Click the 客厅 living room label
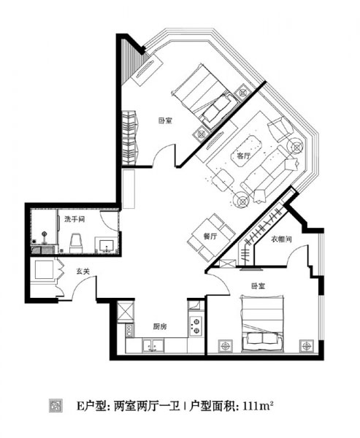pyautogui.click(x=244, y=156)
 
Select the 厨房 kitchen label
pyautogui.click(x=160, y=326)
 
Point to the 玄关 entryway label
pyautogui.click(x=83, y=271)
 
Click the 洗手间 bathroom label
pyautogui.click(x=74, y=219)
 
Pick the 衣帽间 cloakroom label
pyautogui.click(x=281, y=239)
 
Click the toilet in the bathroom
pyautogui.click(x=76, y=243)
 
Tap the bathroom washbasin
pyautogui.click(x=106, y=245)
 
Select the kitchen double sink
pyautogui.click(x=153, y=346)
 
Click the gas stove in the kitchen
pyautogui.click(x=196, y=326)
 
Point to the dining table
pyautogui.click(x=212, y=237)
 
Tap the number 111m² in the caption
pyautogui.click(x=258, y=406)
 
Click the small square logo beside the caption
pyautogui.click(x=56, y=406)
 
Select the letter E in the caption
pyautogui.click(x=80, y=406)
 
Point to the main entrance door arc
pyautogui.click(x=83, y=285)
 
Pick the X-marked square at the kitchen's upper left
pyautogui.click(x=126, y=312)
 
